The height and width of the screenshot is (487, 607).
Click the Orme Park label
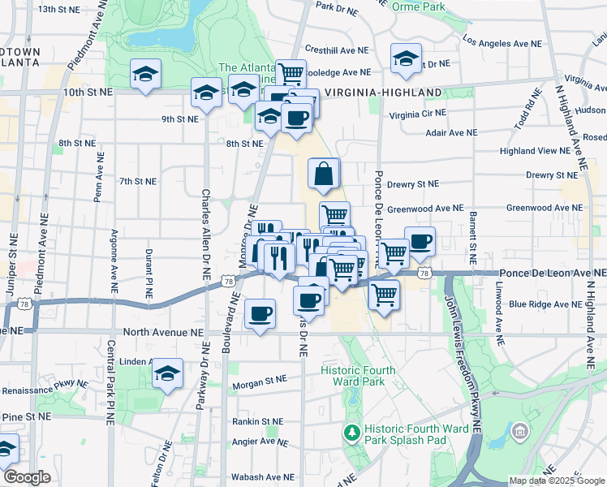pyautogui.click(x=418, y=6)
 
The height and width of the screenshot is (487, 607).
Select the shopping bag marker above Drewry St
pyautogui.click(x=324, y=174)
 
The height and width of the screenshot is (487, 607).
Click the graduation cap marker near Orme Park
pyautogui.click(x=406, y=58)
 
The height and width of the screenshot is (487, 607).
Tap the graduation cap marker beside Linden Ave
pyautogui.click(x=167, y=374)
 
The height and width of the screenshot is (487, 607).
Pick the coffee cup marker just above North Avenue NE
pyautogui.click(x=260, y=314)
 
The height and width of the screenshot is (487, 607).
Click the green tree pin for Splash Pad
pyautogui.click(x=351, y=429)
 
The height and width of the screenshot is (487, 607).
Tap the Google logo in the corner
pyautogui.click(x=28, y=478)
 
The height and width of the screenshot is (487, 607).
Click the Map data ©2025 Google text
pyautogui.click(x=557, y=481)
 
